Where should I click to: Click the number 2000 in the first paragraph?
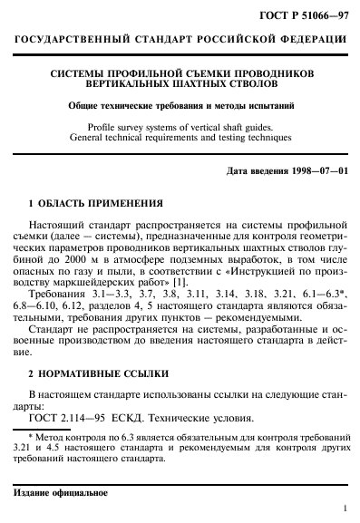92,257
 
